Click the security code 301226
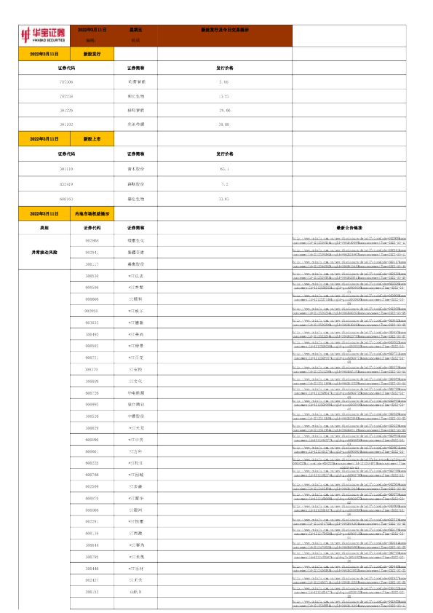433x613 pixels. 66,110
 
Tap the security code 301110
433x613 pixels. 66,169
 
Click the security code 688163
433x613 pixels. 66,199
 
